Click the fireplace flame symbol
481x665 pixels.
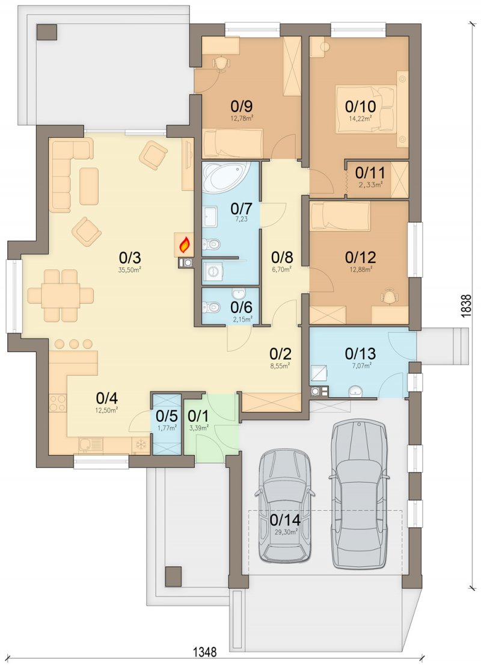pos(184,245)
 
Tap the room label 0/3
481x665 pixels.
pos(130,258)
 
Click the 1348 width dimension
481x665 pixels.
pos(205,651)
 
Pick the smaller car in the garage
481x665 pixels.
pos(285,506)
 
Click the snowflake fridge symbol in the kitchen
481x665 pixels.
pos(140,445)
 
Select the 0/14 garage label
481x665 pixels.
pos(285,519)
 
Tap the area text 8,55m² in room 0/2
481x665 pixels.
pos(281,364)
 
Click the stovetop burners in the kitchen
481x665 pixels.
pos(58,403)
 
